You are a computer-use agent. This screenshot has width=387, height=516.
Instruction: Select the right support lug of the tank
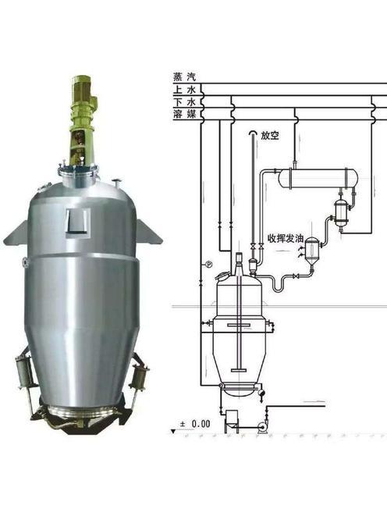[x=149, y=232]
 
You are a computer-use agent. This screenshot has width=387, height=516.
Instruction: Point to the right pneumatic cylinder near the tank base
[x=138, y=376]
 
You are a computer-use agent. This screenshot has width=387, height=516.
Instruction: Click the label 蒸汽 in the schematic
[x=184, y=77]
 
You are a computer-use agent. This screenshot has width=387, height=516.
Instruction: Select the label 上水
[x=184, y=90]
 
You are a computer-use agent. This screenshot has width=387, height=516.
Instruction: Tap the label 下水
[x=184, y=101]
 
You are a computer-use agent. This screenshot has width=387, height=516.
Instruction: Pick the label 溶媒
[x=184, y=114]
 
